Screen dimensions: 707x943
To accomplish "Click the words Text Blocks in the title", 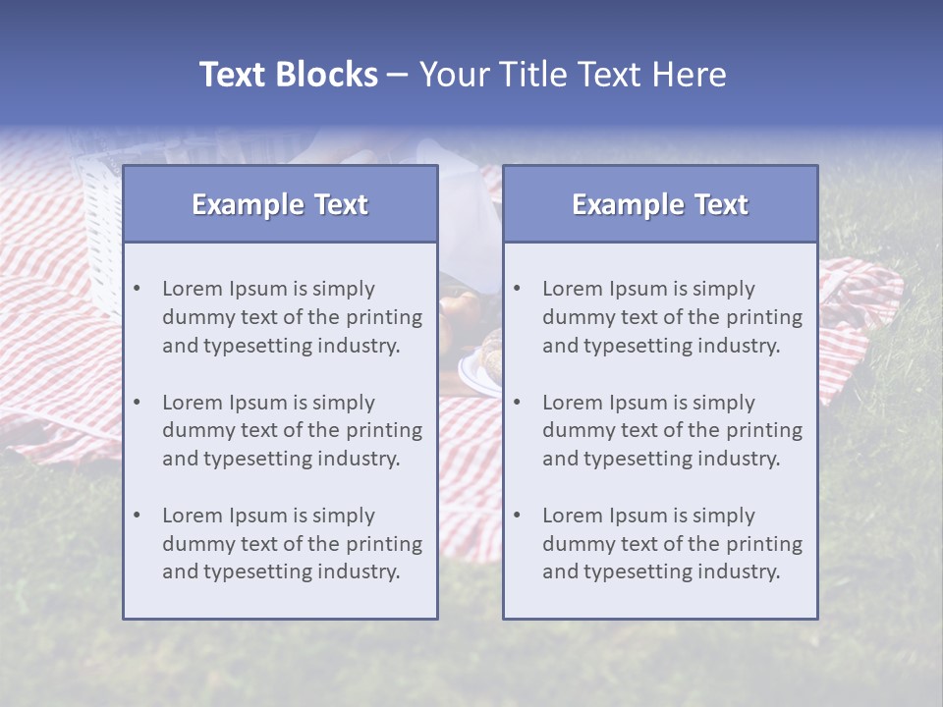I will pyautogui.click(x=288, y=75).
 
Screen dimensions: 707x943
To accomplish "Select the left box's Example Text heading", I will pyautogui.click(x=280, y=204).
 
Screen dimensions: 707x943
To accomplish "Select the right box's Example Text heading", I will pyautogui.click(x=660, y=204).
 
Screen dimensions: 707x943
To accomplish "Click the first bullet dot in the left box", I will pyautogui.click(x=137, y=289).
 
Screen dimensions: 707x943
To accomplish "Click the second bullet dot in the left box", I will pyautogui.click(x=137, y=403).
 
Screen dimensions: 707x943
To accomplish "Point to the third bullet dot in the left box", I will pyautogui.click(x=137, y=516).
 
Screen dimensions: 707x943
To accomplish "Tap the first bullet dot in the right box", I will pyautogui.click(x=517, y=289).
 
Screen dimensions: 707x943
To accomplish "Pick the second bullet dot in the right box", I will pyautogui.click(x=517, y=403).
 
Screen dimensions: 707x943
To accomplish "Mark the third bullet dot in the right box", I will pyautogui.click(x=517, y=516).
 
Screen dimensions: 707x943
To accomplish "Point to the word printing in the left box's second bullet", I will pyautogui.click(x=385, y=431).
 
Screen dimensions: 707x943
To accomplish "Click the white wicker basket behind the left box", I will pyautogui.click(x=98, y=226).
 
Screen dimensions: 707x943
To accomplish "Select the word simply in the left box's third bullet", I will pyautogui.click(x=345, y=516).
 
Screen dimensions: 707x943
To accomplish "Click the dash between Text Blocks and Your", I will pyautogui.click(x=398, y=75).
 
